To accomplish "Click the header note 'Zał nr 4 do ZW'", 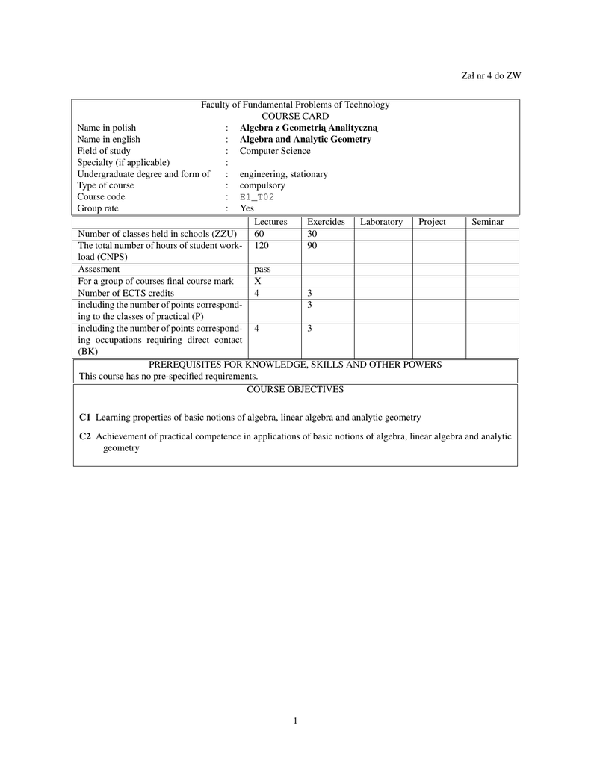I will [x=491, y=75].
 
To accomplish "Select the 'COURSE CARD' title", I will [x=295, y=116].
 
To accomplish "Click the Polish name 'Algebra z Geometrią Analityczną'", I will [x=309, y=128].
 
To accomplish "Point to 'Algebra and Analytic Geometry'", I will [x=305, y=139].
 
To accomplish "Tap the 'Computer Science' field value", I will [x=275, y=151].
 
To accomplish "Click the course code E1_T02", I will [x=257, y=197].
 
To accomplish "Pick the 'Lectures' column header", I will [x=270, y=222].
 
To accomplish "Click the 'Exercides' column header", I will [x=326, y=222].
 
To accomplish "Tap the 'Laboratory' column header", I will [x=381, y=222].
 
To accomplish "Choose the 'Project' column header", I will [x=432, y=222].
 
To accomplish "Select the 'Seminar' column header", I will [x=487, y=222].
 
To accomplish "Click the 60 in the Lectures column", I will [x=259, y=234].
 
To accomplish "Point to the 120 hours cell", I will [x=262, y=245].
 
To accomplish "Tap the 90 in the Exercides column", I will [x=312, y=245].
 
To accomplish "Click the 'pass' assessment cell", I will [x=262, y=269].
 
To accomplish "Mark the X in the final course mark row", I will [x=258, y=281].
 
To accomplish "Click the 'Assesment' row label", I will [x=99, y=269].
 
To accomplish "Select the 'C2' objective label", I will [x=84, y=436].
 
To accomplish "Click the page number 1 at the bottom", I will [x=295, y=721].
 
